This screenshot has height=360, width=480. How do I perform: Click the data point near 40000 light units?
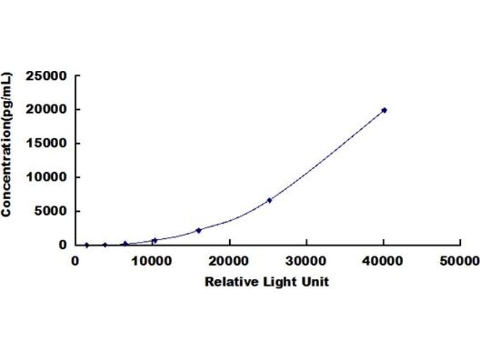coord(384,110)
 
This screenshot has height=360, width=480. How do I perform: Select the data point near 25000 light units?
coord(269,200)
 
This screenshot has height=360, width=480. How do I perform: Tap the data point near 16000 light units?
coord(199,230)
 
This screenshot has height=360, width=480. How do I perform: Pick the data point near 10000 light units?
coord(155,240)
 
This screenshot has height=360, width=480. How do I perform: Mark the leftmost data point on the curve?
coord(87,245)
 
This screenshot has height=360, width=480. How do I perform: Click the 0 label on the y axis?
coord(63,245)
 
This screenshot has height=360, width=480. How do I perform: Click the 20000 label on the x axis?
coord(229,262)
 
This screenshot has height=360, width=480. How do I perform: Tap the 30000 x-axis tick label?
coord(306,262)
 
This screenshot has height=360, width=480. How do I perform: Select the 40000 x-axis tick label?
coord(383,262)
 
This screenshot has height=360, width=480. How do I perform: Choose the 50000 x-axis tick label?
coord(460,262)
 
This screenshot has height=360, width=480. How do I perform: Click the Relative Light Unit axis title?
coord(267,281)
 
